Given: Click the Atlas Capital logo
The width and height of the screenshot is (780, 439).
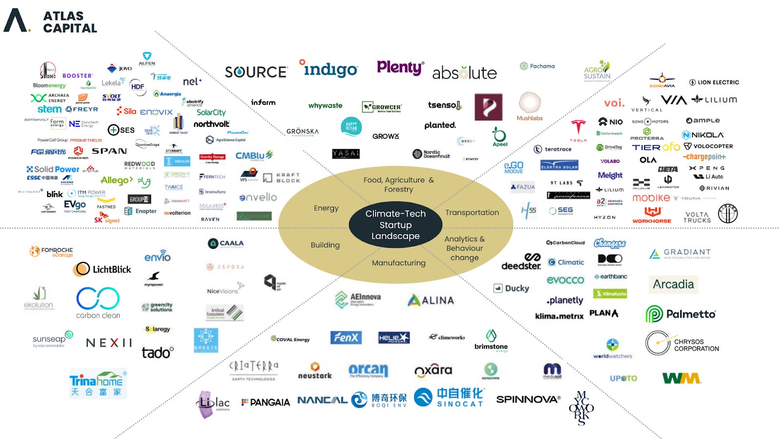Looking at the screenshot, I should pyautogui.click(x=50, y=21).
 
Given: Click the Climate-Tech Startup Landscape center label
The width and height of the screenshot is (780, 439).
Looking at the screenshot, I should pyautogui.click(x=395, y=225).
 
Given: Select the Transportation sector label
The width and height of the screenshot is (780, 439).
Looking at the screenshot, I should pyautogui.click(x=472, y=213).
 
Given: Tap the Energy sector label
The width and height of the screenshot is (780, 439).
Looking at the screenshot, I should pyautogui.click(x=326, y=208).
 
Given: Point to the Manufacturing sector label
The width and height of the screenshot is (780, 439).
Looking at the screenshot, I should pyautogui.click(x=398, y=263).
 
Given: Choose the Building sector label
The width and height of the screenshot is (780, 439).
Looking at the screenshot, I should pyautogui.click(x=325, y=245).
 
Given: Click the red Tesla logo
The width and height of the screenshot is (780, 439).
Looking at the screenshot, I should pyautogui.click(x=578, y=129).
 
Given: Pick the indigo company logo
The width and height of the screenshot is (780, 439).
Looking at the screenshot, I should pyautogui.click(x=329, y=69).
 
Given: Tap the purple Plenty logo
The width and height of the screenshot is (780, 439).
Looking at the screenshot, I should pyautogui.click(x=400, y=67).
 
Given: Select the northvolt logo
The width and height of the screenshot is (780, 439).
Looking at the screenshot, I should pyautogui.click(x=211, y=124).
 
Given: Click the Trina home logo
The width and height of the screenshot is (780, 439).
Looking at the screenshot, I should pyautogui.click(x=98, y=383).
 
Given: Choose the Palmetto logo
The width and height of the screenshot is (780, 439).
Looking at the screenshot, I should pyautogui.click(x=681, y=314).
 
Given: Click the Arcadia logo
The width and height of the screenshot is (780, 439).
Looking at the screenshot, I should pyautogui.click(x=673, y=284).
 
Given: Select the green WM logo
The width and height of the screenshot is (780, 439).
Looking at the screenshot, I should pyautogui.click(x=681, y=378).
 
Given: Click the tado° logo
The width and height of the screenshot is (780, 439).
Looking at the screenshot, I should pyautogui.click(x=157, y=352).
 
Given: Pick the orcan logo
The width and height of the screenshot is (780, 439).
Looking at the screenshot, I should pyautogui.click(x=368, y=371).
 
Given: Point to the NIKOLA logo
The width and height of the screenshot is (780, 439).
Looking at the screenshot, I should pyautogui.click(x=702, y=135).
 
